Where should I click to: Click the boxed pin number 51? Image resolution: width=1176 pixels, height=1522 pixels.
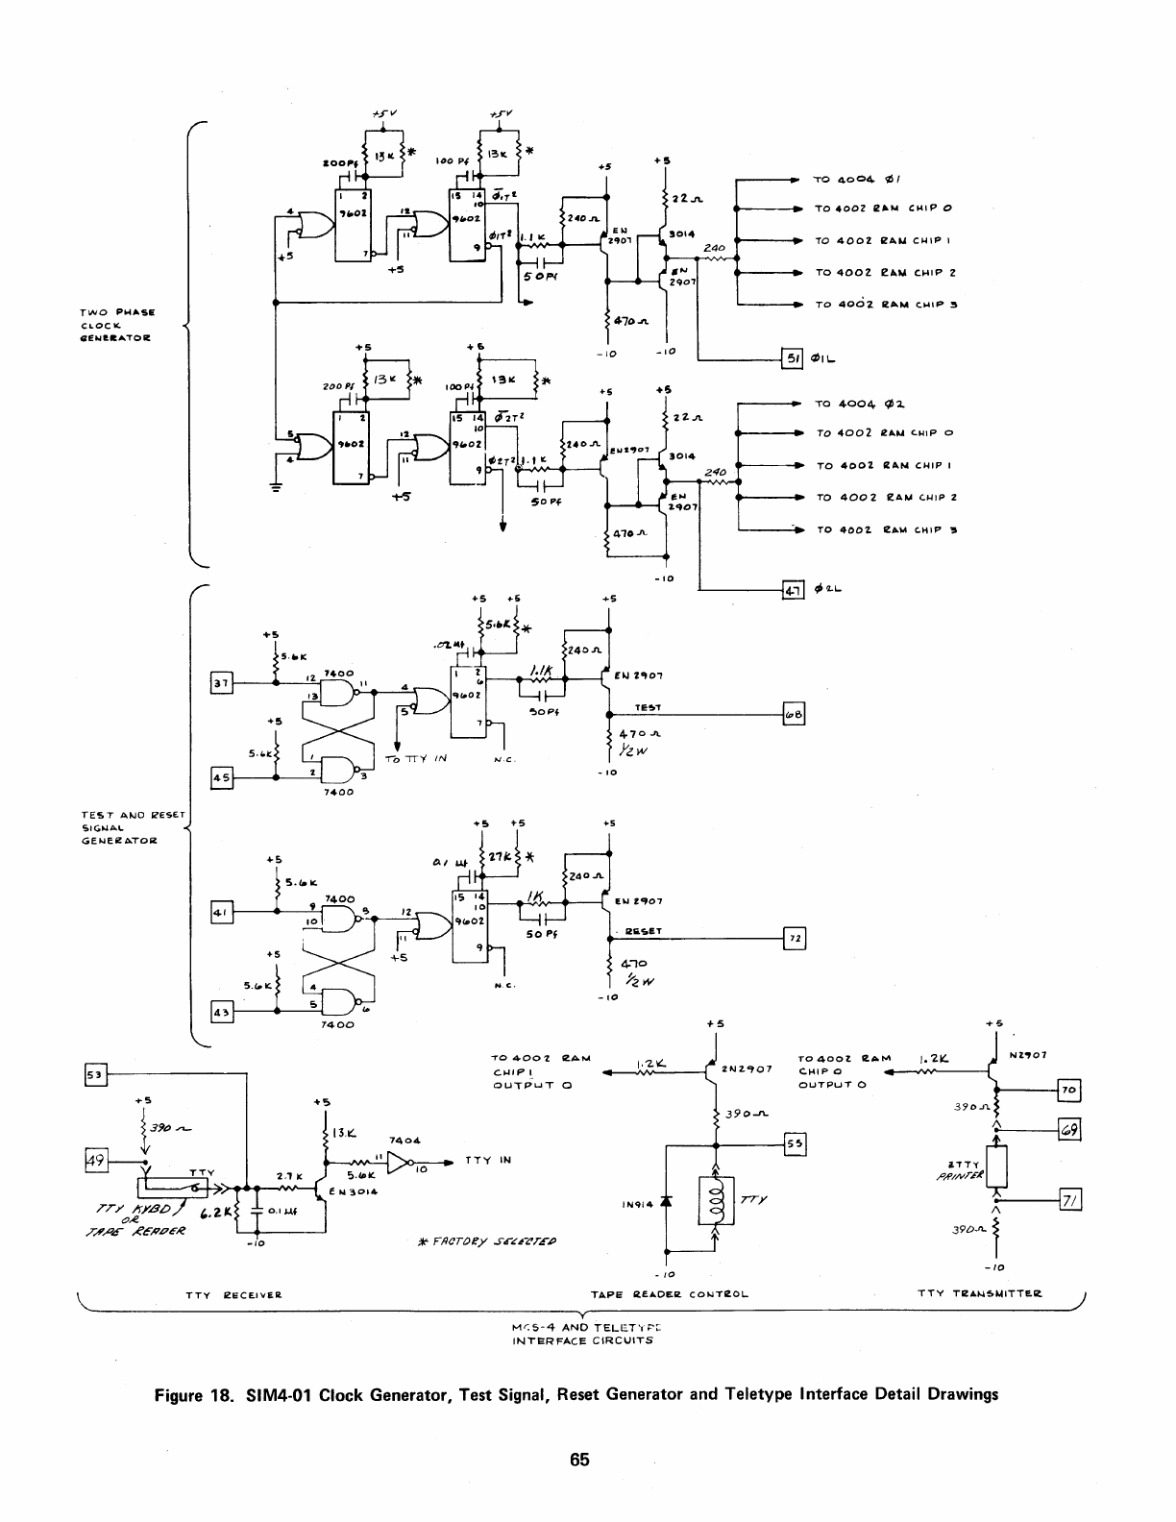coord(794,359)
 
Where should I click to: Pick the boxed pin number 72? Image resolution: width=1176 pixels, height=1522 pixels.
coord(795,939)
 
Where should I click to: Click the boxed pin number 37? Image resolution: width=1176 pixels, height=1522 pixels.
coord(221,683)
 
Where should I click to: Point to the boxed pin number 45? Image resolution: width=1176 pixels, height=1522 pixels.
coord(221,777)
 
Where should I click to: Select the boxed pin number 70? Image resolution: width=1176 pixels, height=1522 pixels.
coord(1069,1090)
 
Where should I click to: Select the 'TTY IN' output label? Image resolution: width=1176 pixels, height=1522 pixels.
coord(487,1160)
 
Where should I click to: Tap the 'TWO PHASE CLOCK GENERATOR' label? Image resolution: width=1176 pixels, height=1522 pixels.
coord(118,325)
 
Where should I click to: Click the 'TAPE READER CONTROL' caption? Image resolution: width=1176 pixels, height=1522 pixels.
coord(670,1294)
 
